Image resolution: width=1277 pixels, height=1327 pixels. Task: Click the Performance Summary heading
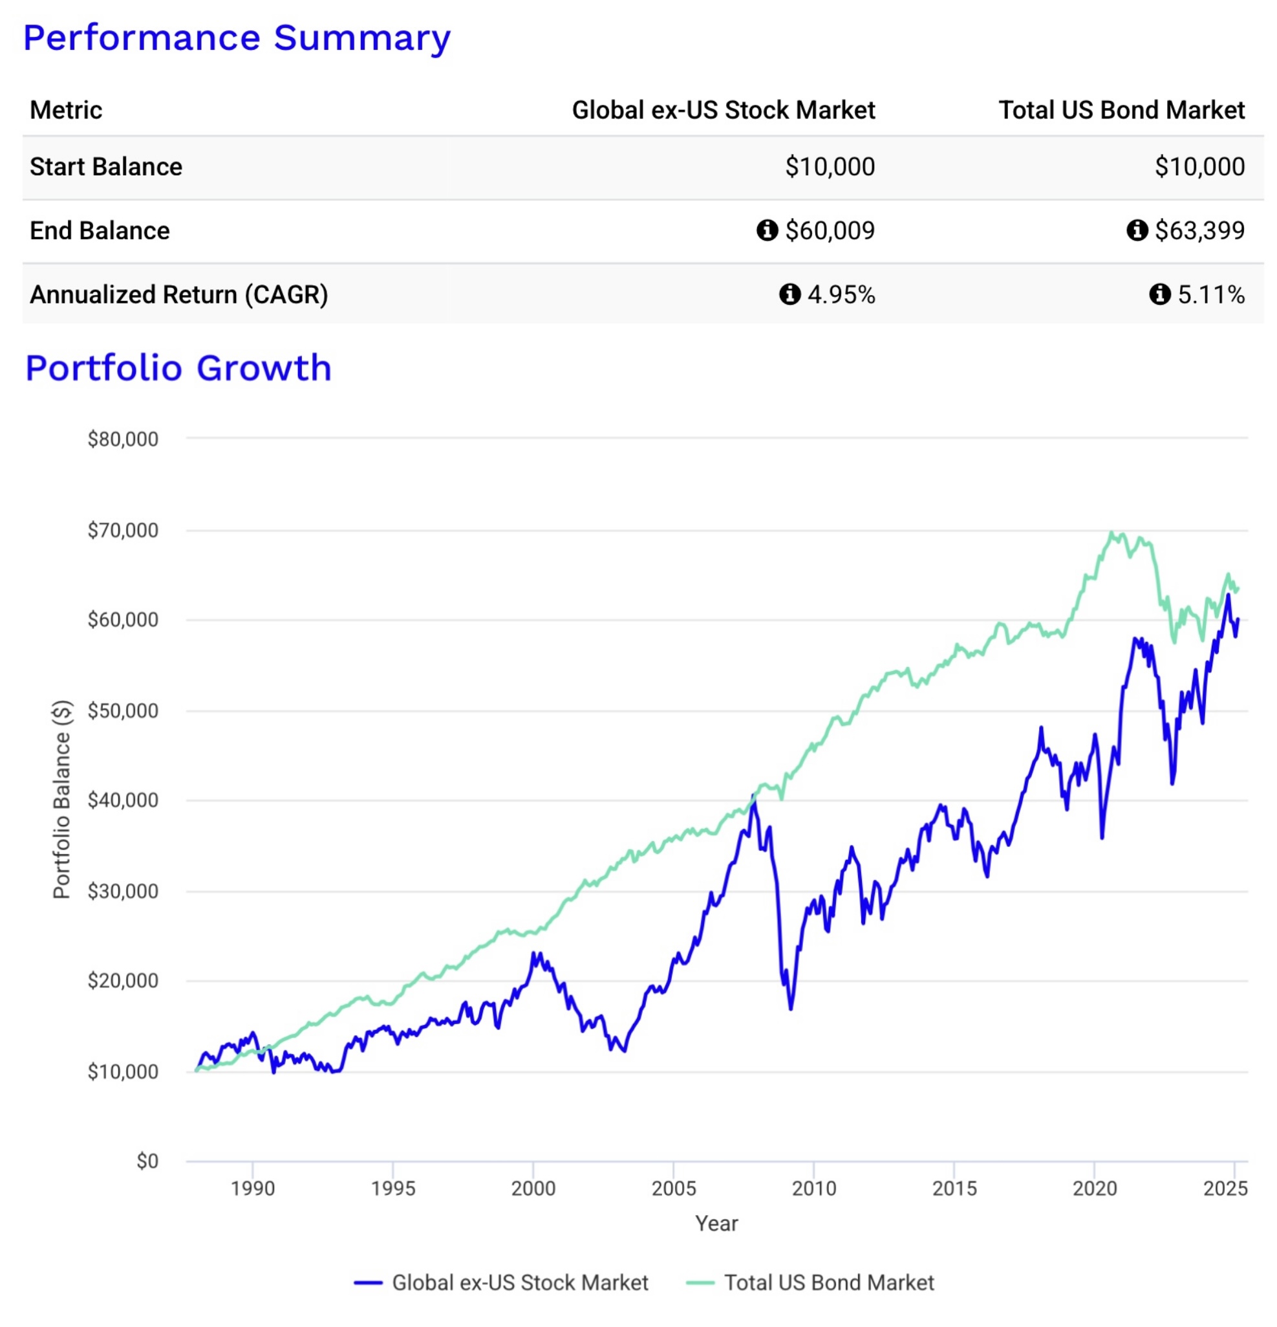[236, 38]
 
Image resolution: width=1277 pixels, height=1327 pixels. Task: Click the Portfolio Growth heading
[178, 368]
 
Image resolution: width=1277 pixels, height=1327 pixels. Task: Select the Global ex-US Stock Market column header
[723, 111]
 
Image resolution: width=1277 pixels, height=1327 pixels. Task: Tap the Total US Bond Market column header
[1121, 111]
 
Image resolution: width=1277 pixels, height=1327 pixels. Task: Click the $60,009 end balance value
[829, 231]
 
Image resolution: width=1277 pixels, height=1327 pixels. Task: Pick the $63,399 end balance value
[1199, 231]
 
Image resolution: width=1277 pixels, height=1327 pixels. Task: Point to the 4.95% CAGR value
[841, 294]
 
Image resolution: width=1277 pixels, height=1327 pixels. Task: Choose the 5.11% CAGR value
[1210, 294]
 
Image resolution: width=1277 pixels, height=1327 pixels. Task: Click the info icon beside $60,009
[766, 230]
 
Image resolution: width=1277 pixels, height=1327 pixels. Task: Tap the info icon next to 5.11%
[1159, 294]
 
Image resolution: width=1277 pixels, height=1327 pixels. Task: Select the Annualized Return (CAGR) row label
[178, 294]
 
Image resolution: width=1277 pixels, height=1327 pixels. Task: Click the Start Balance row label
[105, 167]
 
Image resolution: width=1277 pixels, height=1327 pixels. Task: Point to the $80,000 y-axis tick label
[122, 439]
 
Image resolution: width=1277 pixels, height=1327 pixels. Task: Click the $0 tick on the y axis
[147, 1162]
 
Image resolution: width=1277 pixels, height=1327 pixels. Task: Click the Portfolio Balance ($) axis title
[61, 800]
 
